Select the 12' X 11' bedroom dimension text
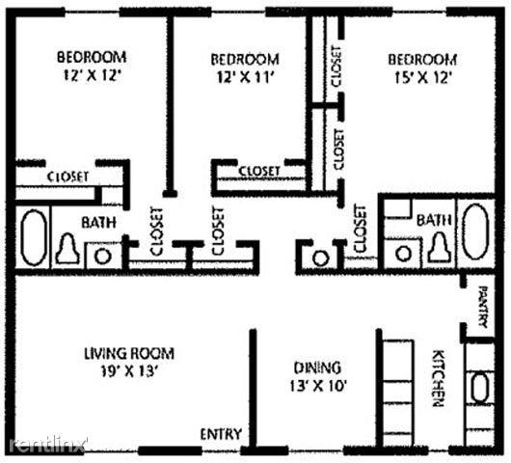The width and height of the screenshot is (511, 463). pos(244,78)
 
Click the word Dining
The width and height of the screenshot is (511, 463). pos(318,367)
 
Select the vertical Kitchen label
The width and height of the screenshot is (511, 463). pos(438,377)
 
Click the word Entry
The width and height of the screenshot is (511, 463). pos(221,433)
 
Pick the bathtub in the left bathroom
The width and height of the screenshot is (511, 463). pos(34,236)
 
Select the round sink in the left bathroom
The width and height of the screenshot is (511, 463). pos(100,256)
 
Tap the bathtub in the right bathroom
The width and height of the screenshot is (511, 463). pos(474,230)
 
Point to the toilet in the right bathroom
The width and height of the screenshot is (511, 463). pos(439,249)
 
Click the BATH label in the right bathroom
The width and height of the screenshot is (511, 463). pos(434,220)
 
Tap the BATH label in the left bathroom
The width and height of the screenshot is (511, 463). pos(98,222)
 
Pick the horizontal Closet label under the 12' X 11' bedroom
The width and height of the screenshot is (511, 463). pos(258,171)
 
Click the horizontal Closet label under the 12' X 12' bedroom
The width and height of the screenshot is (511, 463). pos(68,177)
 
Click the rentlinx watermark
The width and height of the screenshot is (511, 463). pos(48,444)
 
